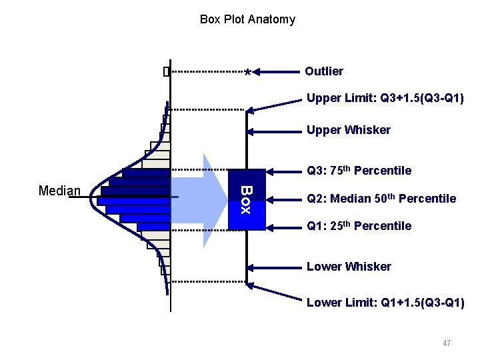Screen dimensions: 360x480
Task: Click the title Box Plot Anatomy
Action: [247, 19]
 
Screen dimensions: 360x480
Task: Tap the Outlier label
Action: [324, 71]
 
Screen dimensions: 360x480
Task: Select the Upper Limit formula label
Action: [385, 99]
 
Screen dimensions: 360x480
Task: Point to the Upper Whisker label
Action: [348, 130]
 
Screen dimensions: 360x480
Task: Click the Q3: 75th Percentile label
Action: [359, 171]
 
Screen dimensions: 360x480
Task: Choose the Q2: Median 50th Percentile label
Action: [381, 199]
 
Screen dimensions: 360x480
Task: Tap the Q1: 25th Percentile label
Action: [359, 226]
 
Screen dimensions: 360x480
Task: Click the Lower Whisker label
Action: [349, 267]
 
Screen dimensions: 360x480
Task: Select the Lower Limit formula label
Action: [385, 303]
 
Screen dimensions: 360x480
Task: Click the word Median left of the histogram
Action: [59, 191]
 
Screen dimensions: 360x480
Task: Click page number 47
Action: [447, 343]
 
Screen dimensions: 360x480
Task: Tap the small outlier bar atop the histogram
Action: [167, 72]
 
